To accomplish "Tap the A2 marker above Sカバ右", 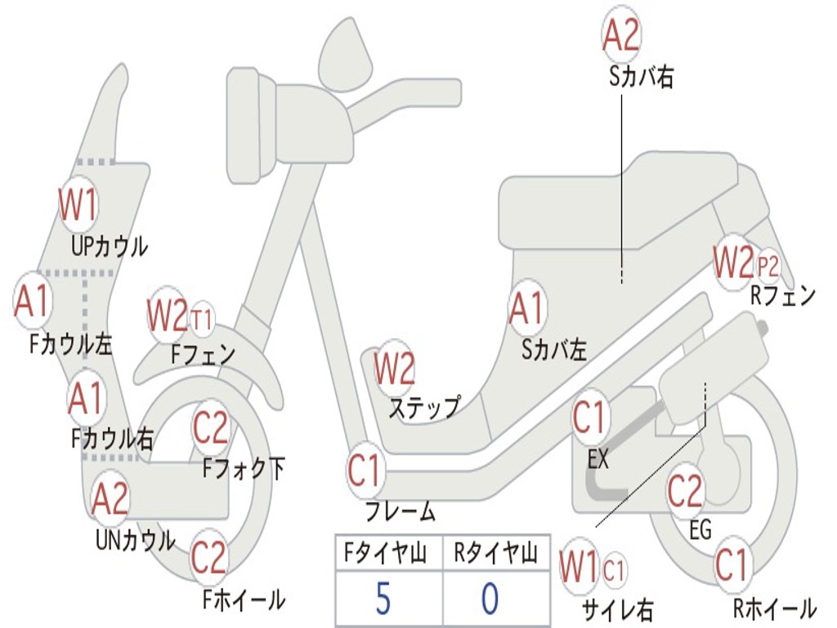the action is point(621,34).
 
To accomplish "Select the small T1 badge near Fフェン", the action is point(201,320).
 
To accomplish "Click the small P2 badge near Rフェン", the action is point(768,266).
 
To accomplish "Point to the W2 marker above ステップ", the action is point(394,368).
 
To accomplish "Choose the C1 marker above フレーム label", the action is point(364,470).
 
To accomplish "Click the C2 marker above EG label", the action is point(686,491).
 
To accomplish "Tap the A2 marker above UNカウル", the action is point(110,498).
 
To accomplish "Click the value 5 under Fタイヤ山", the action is point(383,598).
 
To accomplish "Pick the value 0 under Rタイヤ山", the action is point(490,598).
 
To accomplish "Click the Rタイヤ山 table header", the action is point(496,553).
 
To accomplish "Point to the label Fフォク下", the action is point(244,469).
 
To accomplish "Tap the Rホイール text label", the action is point(775,608).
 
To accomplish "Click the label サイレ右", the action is point(617,610).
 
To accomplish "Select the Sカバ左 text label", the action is point(553,350).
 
